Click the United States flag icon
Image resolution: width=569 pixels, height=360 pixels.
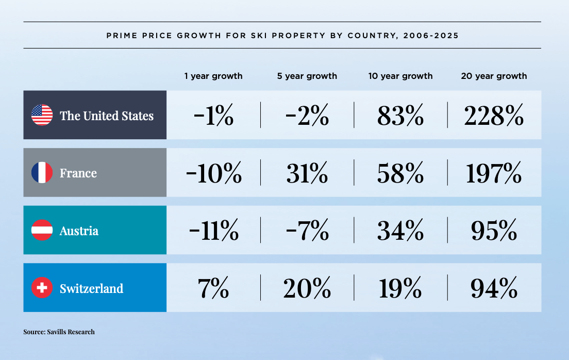pyautogui.click(x=42, y=115)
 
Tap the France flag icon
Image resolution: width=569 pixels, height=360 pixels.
pyautogui.click(x=42, y=173)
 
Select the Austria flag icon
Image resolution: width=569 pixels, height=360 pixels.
pyautogui.click(x=42, y=230)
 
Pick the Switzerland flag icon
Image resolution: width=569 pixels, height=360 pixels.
pyautogui.click(x=42, y=288)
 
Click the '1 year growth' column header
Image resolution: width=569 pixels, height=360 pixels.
pyautogui.click(x=213, y=76)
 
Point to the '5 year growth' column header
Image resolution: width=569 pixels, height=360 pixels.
pyautogui.click(x=307, y=76)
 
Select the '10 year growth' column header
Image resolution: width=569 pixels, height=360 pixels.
pyautogui.click(x=400, y=76)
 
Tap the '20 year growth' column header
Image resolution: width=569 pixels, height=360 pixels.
pyautogui.click(x=494, y=76)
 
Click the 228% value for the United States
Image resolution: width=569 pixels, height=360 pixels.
pyautogui.click(x=494, y=116)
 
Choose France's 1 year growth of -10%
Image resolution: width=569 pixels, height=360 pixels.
pyautogui.click(x=213, y=173)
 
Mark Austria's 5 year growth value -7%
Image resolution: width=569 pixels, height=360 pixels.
pyautogui.click(x=307, y=231)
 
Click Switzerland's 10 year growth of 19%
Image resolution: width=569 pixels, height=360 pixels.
pyautogui.click(x=400, y=288)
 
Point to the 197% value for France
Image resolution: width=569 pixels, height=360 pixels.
pyautogui.click(x=494, y=173)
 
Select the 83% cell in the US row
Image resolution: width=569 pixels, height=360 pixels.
pyautogui.click(x=400, y=116)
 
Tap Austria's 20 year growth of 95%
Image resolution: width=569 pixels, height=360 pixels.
pyautogui.click(x=494, y=231)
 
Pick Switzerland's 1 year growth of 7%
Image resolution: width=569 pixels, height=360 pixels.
pyautogui.click(x=213, y=288)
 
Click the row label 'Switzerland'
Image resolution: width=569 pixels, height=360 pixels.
pyautogui.click(x=91, y=288)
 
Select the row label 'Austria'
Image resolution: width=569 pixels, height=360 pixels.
pyautogui.click(x=79, y=231)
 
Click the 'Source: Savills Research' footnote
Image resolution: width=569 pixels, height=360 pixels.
pyautogui.click(x=59, y=332)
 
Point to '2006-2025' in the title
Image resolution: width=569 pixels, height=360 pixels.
pyautogui.click(x=431, y=36)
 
